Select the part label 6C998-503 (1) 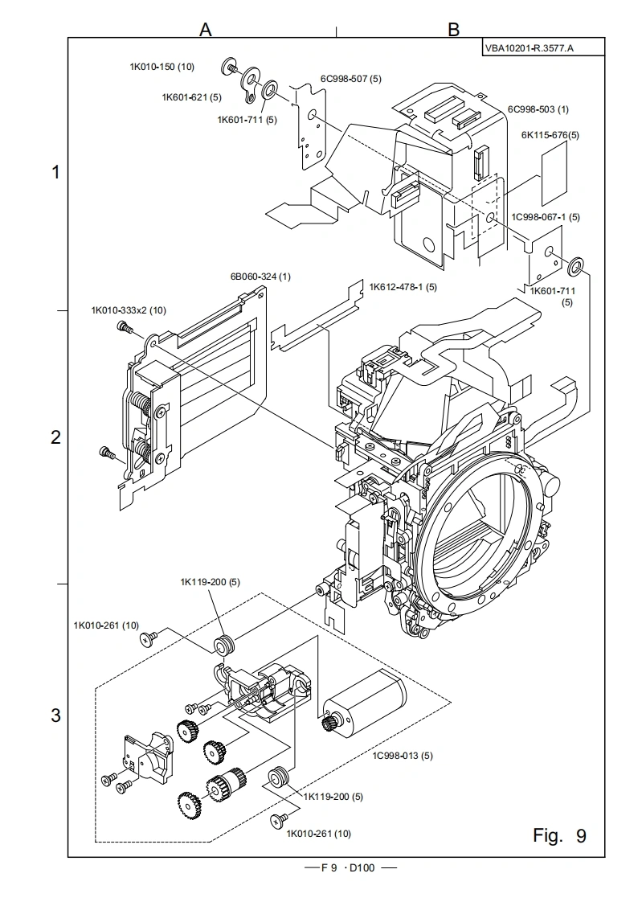[538, 109]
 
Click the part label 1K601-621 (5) [191, 97]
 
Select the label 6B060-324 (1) [260, 277]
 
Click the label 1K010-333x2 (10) [129, 310]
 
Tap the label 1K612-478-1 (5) [403, 286]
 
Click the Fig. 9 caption [559, 836]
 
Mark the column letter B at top [453, 30]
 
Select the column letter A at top [205, 30]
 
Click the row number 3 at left [55, 715]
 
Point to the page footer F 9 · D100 [348, 868]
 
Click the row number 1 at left [55, 171]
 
